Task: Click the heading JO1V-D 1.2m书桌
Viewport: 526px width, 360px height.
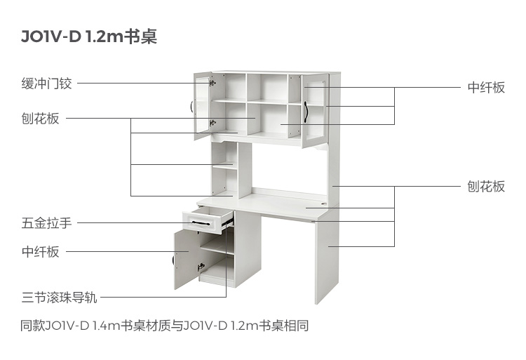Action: pos(89,36)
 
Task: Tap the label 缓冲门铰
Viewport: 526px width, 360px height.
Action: pos(46,84)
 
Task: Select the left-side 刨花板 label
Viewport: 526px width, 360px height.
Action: pos(40,119)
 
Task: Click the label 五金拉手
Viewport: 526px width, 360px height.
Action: pos(46,222)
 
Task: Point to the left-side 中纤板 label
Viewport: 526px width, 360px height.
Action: pos(40,252)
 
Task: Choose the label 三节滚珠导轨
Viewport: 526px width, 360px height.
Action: pos(60,298)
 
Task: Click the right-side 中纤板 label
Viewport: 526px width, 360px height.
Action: pos(486,88)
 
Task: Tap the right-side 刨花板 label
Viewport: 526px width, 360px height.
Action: pos(486,186)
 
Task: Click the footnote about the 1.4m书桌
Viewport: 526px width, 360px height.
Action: pos(164,326)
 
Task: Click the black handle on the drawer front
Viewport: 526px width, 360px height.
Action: pos(201,223)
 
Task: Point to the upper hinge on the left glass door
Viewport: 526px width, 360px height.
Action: pos(213,83)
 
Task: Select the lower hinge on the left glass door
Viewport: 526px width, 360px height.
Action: pos(213,123)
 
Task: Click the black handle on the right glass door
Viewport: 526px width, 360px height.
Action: pos(306,112)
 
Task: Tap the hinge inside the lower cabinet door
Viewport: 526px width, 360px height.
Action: pos(201,267)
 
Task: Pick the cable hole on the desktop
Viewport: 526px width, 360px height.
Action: pos(324,204)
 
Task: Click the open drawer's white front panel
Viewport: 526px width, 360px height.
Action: pos(202,222)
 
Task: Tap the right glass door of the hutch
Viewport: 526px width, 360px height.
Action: pos(315,110)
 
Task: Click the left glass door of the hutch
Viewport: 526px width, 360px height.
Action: pos(203,105)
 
